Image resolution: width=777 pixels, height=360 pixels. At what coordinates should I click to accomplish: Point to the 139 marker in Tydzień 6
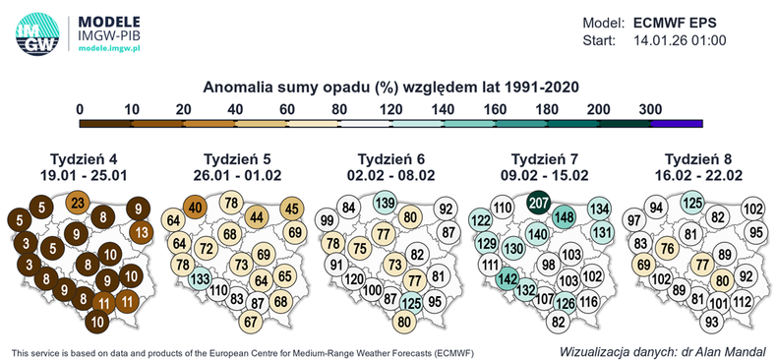386,202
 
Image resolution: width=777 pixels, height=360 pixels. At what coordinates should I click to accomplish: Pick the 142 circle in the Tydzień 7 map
508,279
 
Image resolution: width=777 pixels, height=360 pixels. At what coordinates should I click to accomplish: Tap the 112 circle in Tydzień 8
743,301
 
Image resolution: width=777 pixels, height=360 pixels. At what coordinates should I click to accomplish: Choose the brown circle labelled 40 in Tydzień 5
195,207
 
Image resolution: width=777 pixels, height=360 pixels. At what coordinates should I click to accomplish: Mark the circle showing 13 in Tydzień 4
141,233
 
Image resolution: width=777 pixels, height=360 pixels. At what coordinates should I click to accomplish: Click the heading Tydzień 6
389,158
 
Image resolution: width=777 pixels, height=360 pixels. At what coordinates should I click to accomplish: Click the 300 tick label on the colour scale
650,108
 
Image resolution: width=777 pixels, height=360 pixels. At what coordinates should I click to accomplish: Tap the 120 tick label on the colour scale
390,108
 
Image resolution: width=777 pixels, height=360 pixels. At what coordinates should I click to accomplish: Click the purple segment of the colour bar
676,123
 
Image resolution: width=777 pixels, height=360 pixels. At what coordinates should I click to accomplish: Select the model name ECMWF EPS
696,22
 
